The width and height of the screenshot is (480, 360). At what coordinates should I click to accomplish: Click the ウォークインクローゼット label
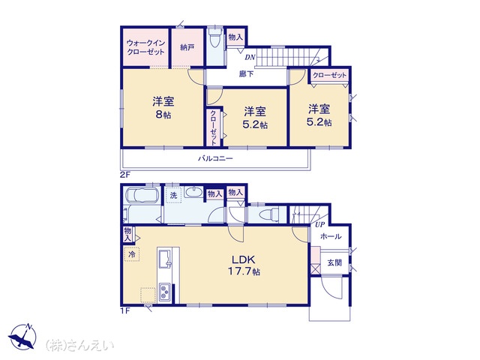(145, 47)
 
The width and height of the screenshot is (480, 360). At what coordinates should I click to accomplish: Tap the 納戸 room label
(187, 47)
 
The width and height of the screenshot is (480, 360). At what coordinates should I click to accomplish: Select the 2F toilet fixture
(215, 37)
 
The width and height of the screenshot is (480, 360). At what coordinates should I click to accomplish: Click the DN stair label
(250, 57)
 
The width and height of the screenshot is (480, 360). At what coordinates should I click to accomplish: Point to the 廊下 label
(246, 74)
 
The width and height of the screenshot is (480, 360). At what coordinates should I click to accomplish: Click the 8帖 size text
(163, 115)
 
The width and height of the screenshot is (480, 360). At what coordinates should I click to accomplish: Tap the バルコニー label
(215, 158)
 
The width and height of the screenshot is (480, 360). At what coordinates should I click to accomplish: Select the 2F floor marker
(125, 175)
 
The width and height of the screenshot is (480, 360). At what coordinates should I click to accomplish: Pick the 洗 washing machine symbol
(173, 195)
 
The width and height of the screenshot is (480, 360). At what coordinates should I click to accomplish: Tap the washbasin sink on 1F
(193, 192)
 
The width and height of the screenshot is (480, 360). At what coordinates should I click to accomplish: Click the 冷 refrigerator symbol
(132, 254)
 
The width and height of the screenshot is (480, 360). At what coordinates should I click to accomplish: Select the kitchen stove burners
(164, 292)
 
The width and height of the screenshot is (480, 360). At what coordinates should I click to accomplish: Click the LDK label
(243, 260)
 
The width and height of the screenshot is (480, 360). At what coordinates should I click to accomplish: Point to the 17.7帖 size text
(244, 271)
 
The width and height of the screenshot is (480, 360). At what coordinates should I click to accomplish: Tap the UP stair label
(319, 225)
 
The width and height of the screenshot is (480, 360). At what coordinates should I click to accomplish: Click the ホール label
(331, 236)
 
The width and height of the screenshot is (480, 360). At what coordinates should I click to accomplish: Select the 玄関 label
(334, 262)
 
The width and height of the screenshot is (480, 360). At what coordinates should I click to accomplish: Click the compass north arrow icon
(23, 337)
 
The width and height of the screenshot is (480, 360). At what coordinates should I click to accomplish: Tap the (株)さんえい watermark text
(79, 345)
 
